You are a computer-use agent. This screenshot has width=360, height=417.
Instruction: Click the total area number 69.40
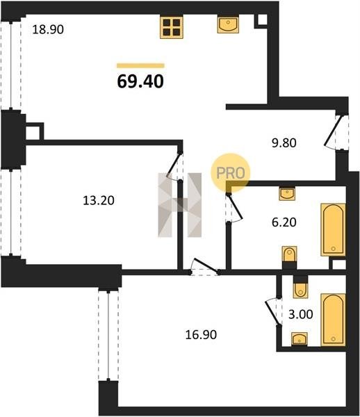point(140,81)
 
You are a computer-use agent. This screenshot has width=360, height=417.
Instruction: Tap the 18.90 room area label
point(48,29)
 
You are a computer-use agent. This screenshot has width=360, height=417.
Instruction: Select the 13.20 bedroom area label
point(99,200)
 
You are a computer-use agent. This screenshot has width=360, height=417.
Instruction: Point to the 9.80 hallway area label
point(284,142)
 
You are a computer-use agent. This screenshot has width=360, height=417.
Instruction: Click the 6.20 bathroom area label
point(284,222)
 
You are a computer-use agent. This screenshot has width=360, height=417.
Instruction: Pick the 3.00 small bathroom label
point(301,314)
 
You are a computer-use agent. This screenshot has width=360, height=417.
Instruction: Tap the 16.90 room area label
point(201,334)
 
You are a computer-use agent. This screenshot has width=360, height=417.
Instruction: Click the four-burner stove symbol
point(172,27)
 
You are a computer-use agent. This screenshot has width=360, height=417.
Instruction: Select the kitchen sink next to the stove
point(228,24)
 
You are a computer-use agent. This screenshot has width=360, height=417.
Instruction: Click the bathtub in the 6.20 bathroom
point(333,230)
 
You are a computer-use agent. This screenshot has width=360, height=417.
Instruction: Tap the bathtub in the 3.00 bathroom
point(333,320)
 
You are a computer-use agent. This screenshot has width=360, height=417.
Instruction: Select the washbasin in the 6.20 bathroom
point(287,193)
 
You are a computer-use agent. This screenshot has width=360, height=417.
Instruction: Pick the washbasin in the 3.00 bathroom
point(300,339)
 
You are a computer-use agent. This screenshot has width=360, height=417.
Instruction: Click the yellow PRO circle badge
point(231,173)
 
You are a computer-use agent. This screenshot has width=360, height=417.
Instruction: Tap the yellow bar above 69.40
point(140,66)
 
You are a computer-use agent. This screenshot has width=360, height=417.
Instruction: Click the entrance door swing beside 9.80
point(332,132)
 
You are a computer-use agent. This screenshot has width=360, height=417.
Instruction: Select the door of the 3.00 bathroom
point(272,311)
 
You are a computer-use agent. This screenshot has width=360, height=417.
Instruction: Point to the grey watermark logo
point(180,205)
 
